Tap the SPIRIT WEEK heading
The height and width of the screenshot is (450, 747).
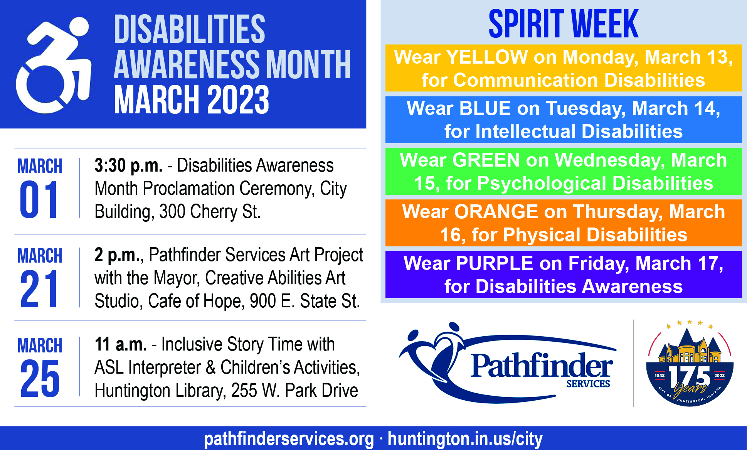pos(563,24)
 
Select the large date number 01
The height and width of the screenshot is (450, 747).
pos(39,199)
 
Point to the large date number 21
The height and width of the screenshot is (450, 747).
pos(39,289)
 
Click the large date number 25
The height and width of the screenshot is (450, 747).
pos(40,378)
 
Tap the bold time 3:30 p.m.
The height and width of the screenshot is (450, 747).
pos(128,166)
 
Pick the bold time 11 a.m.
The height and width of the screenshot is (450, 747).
pos(121,344)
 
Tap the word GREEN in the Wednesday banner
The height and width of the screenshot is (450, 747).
pos(486,160)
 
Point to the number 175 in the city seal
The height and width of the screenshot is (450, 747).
pos(690,376)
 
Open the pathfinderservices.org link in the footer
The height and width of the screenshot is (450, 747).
pos(289,439)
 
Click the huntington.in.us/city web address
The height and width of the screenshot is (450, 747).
pos(465,439)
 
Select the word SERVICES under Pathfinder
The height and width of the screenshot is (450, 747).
pos(588,384)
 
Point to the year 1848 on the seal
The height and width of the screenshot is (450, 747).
pos(660,375)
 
